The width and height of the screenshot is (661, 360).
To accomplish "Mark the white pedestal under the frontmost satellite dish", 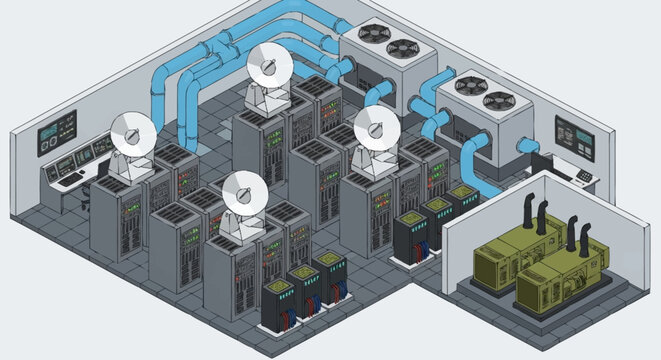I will coord(240,226).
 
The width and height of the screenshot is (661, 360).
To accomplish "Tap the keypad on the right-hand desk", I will coord(585,177).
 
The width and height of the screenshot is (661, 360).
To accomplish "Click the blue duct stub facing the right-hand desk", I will coord(523,147).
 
